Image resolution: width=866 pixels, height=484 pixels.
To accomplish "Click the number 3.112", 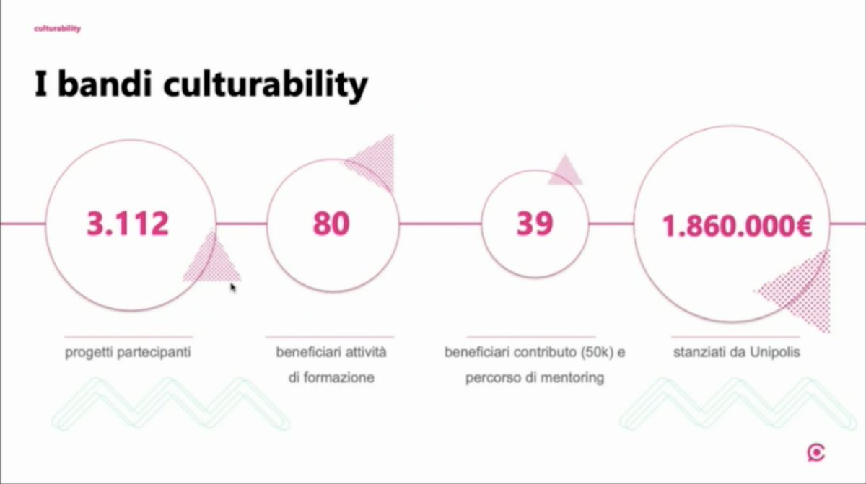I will tap(127, 224).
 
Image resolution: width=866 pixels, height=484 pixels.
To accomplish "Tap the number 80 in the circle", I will tap(331, 224).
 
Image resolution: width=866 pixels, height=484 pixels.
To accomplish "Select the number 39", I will tap(535, 224).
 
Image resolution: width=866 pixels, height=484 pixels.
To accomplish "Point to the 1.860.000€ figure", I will tap(738, 226).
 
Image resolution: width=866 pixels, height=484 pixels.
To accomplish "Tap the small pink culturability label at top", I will tap(57, 29).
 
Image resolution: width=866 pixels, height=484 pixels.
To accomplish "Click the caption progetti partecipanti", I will tap(128, 353).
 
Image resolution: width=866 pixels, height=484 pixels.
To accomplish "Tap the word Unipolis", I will tap(772, 353).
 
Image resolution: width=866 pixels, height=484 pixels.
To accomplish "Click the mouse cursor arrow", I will tap(233, 288).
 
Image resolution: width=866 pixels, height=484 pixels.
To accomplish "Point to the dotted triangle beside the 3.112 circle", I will tap(214, 260).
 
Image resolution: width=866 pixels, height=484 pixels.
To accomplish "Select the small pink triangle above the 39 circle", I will tap(565, 172).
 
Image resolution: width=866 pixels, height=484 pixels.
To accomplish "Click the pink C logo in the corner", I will tap(816, 452).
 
